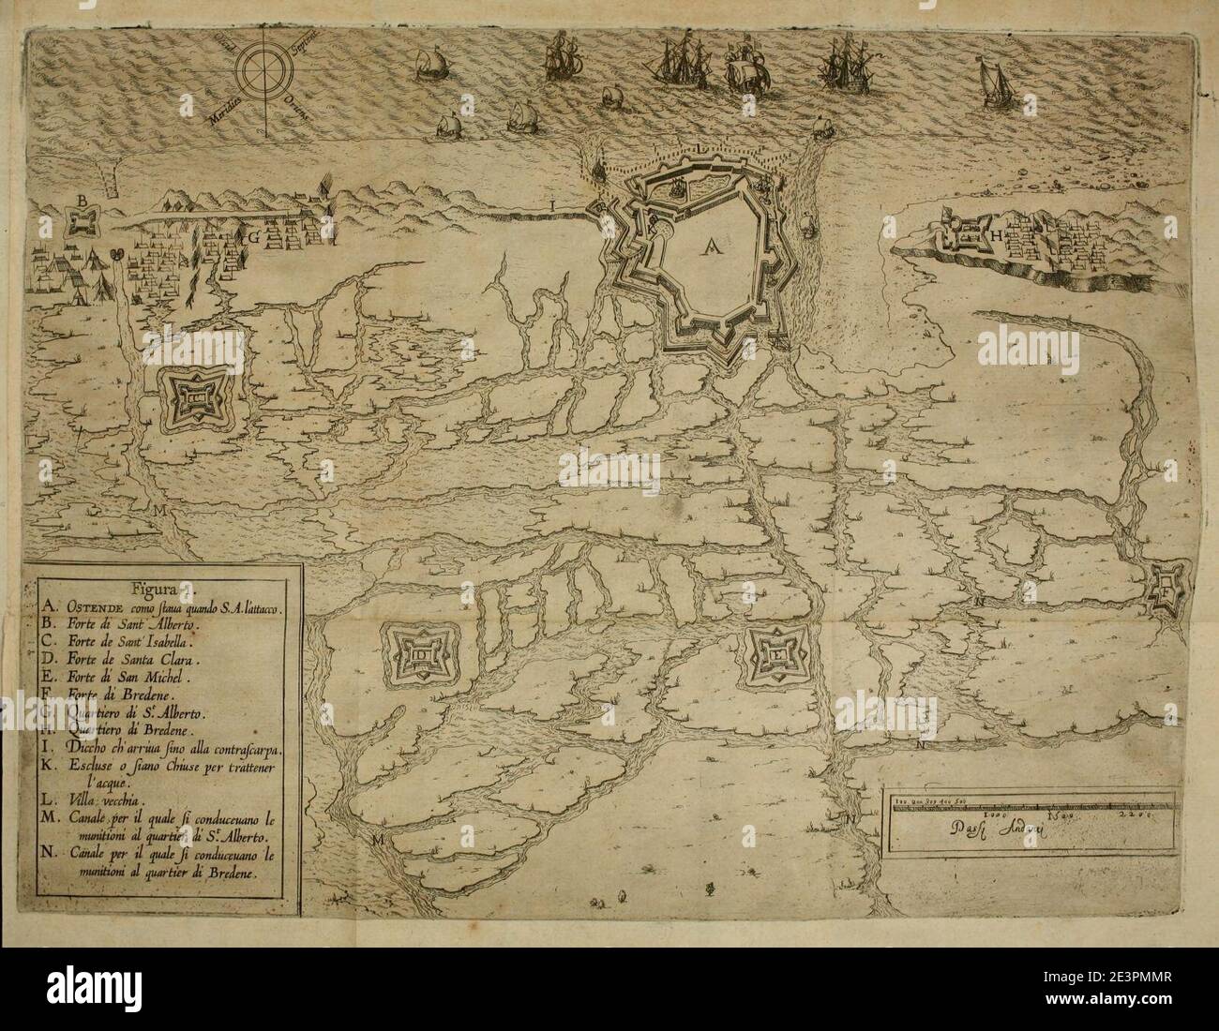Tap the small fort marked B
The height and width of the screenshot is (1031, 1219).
point(83,219)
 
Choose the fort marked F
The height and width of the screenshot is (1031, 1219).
point(1166,592)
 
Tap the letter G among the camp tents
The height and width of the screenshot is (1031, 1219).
point(251,238)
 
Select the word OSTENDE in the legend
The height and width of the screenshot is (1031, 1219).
point(95,607)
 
